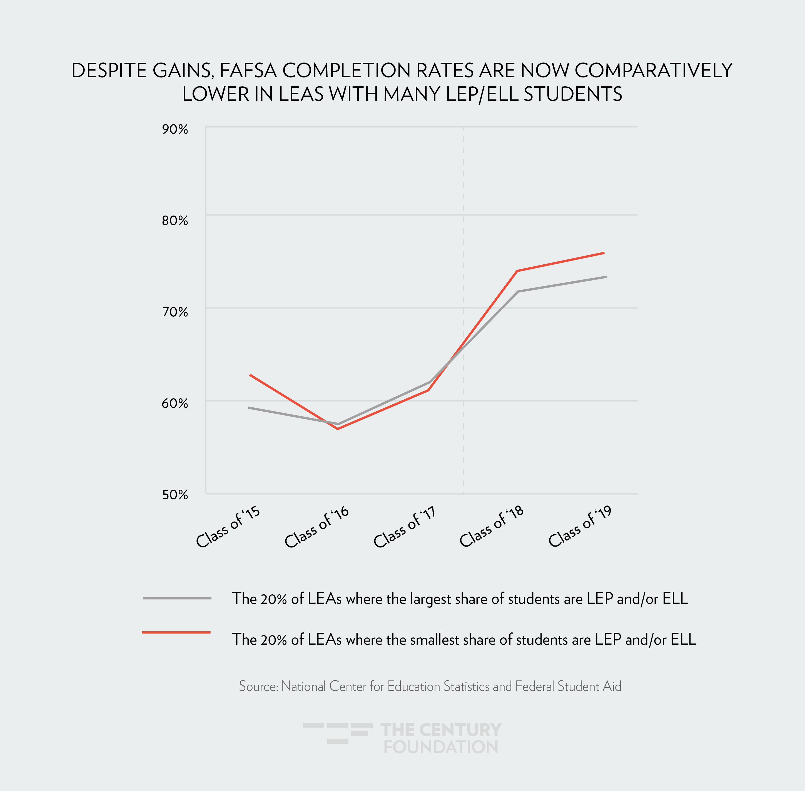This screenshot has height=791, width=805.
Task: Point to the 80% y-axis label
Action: coord(175,221)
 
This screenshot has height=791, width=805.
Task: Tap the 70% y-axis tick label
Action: coord(175,312)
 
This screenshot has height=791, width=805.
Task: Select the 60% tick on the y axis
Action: coord(175,403)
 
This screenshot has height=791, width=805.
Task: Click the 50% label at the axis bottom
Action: coord(175,495)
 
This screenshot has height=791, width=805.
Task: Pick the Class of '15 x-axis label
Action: coord(228,527)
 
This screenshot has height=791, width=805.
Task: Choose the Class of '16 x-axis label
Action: coord(317,527)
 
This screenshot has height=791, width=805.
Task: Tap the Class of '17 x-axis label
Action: coord(405,527)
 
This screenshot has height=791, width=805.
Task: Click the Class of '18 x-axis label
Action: coord(492,527)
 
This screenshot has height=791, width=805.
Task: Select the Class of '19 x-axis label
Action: coord(580,527)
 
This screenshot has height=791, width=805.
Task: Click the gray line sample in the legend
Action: coord(177,598)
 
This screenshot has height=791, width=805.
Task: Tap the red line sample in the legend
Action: coord(177,632)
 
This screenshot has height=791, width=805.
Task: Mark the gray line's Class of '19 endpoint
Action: coord(606,277)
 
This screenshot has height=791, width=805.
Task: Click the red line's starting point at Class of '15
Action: coord(250,375)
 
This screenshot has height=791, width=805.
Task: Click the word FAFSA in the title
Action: coord(248,70)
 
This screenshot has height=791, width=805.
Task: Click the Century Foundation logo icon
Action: coord(337,733)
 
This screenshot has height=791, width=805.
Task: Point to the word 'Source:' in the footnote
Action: coord(258,686)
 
